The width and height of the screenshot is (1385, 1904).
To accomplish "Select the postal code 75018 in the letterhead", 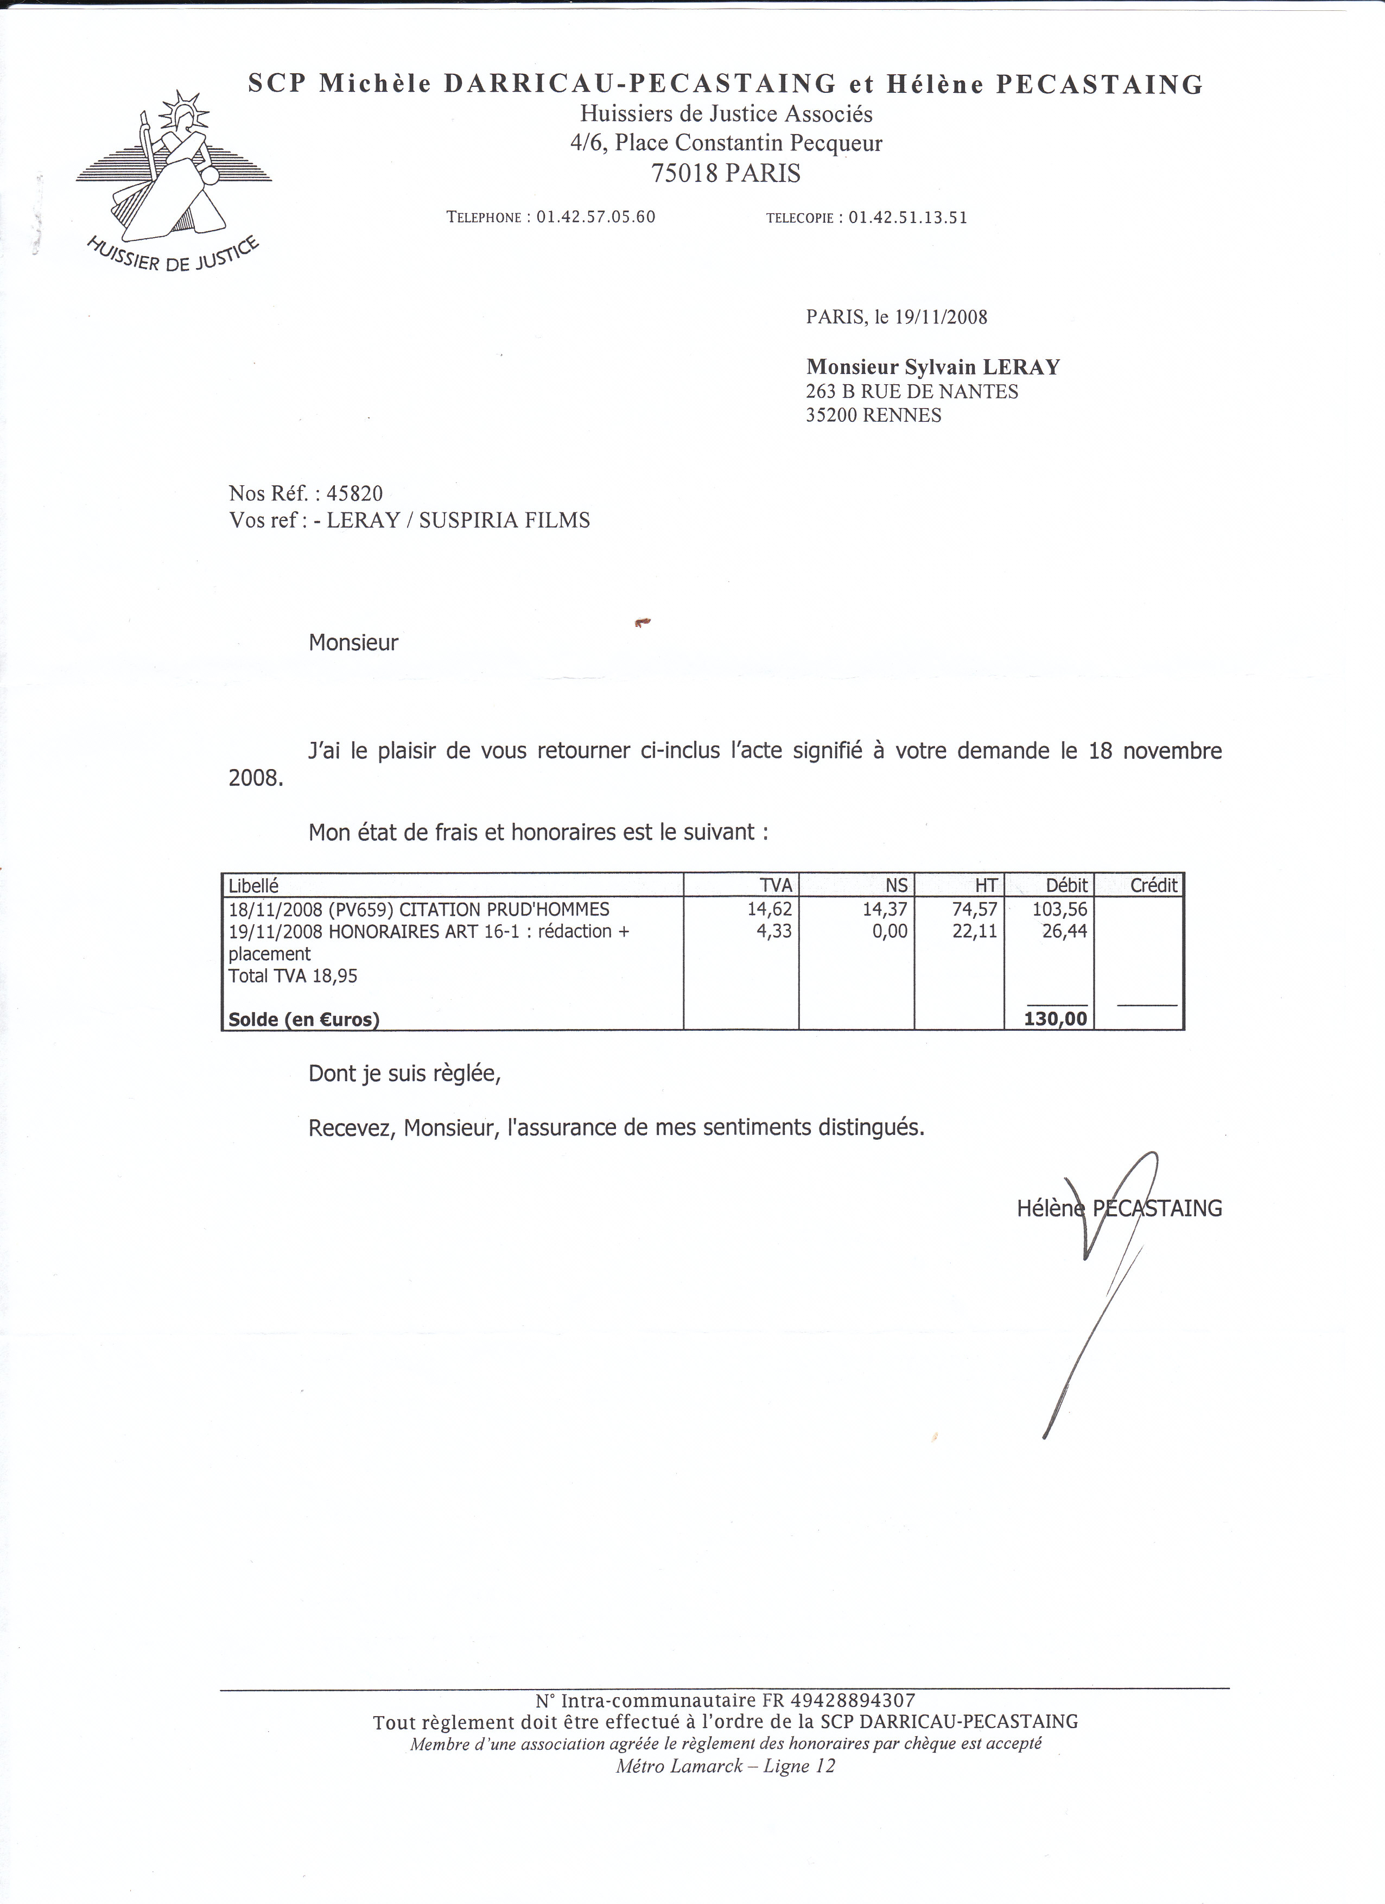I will pyautogui.click(x=685, y=174).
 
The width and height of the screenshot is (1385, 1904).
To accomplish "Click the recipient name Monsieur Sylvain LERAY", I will pyautogui.click(x=932, y=367).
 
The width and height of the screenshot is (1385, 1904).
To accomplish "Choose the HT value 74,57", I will pyautogui.click(x=975, y=909).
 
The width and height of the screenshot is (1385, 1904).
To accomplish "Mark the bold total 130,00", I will pyautogui.click(x=1056, y=1019).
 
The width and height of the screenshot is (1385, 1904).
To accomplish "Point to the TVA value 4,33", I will pyautogui.click(x=774, y=931).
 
